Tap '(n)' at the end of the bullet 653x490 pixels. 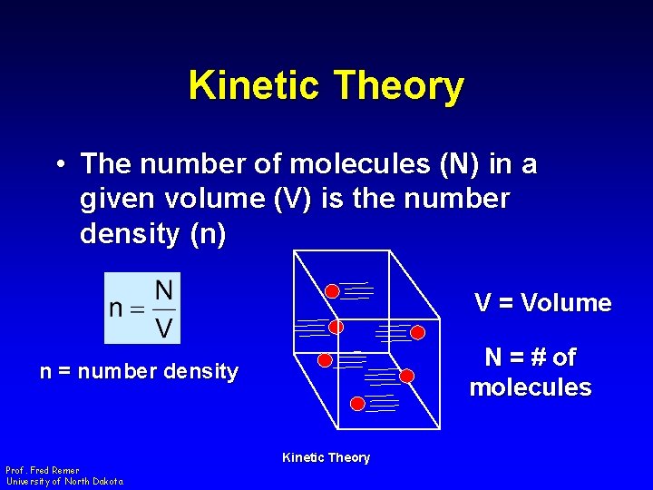(x=209, y=233)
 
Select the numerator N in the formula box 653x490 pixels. (x=163, y=291)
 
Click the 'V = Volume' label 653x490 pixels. (x=542, y=303)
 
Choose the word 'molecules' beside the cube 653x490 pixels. (x=531, y=387)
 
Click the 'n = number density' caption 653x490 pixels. (x=139, y=371)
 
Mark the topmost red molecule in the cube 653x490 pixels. (x=332, y=291)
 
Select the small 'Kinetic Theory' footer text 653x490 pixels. (x=326, y=457)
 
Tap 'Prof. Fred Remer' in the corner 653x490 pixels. (x=42, y=470)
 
